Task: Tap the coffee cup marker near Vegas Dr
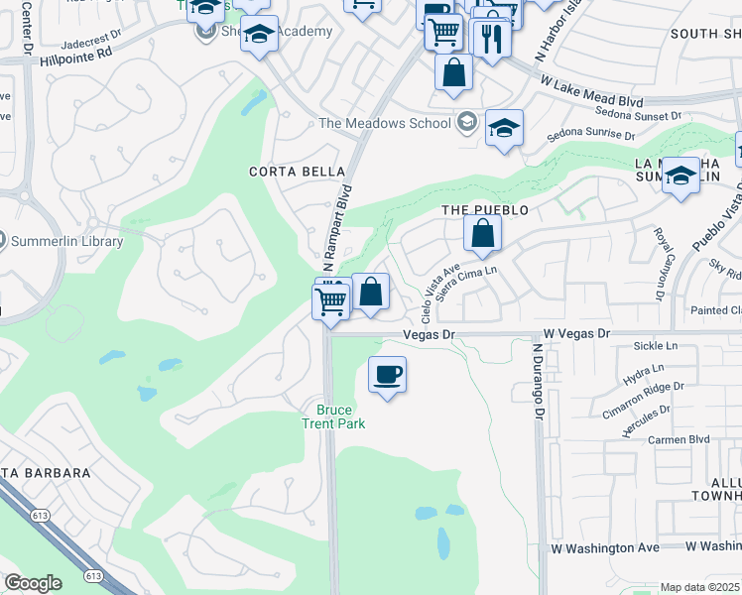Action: pyautogui.click(x=387, y=376)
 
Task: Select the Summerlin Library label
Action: pyautogui.click(x=65, y=241)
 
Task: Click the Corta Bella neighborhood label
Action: pyautogui.click(x=290, y=171)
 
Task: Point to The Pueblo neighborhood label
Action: pyautogui.click(x=485, y=210)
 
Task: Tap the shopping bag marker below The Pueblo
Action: pyautogui.click(x=482, y=236)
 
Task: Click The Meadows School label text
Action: pyautogui.click(x=384, y=123)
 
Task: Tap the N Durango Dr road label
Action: pyautogui.click(x=538, y=383)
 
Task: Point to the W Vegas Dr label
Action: pyautogui.click(x=576, y=334)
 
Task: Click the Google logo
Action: pyautogui.click(x=33, y=583)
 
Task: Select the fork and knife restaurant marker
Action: pyautogui.click(x=491, y=38)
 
